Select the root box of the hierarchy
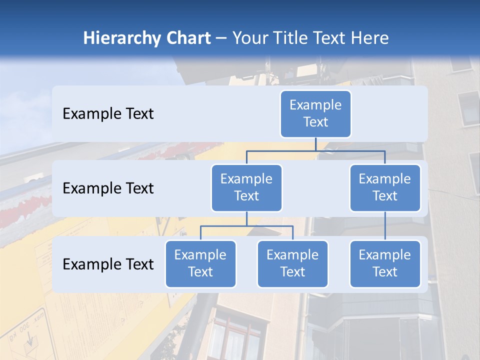(315, 113)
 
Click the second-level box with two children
(246, 187)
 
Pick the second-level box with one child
(385, 187)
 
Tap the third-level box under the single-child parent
(385, 263)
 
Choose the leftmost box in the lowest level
(200, 263)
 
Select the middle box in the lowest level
(292, 263)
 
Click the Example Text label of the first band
(108, 114)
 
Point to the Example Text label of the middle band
(108, 188)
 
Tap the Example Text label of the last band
(108, 264)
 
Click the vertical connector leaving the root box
(315, 144)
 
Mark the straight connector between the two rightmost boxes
(385, 226)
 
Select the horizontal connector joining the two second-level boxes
(315, 150)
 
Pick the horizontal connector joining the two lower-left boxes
(246, 226)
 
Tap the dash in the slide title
(221, 38)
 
